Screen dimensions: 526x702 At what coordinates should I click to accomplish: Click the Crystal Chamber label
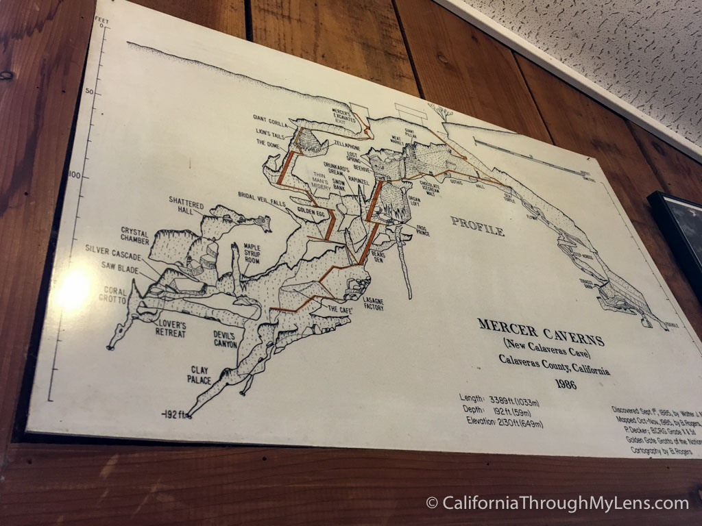[134, 236]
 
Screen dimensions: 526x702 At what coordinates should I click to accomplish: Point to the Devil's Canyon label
[224, 340]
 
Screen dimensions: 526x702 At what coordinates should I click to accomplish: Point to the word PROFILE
[477, 225]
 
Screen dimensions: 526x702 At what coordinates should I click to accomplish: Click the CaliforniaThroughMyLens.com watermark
[557, 503]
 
